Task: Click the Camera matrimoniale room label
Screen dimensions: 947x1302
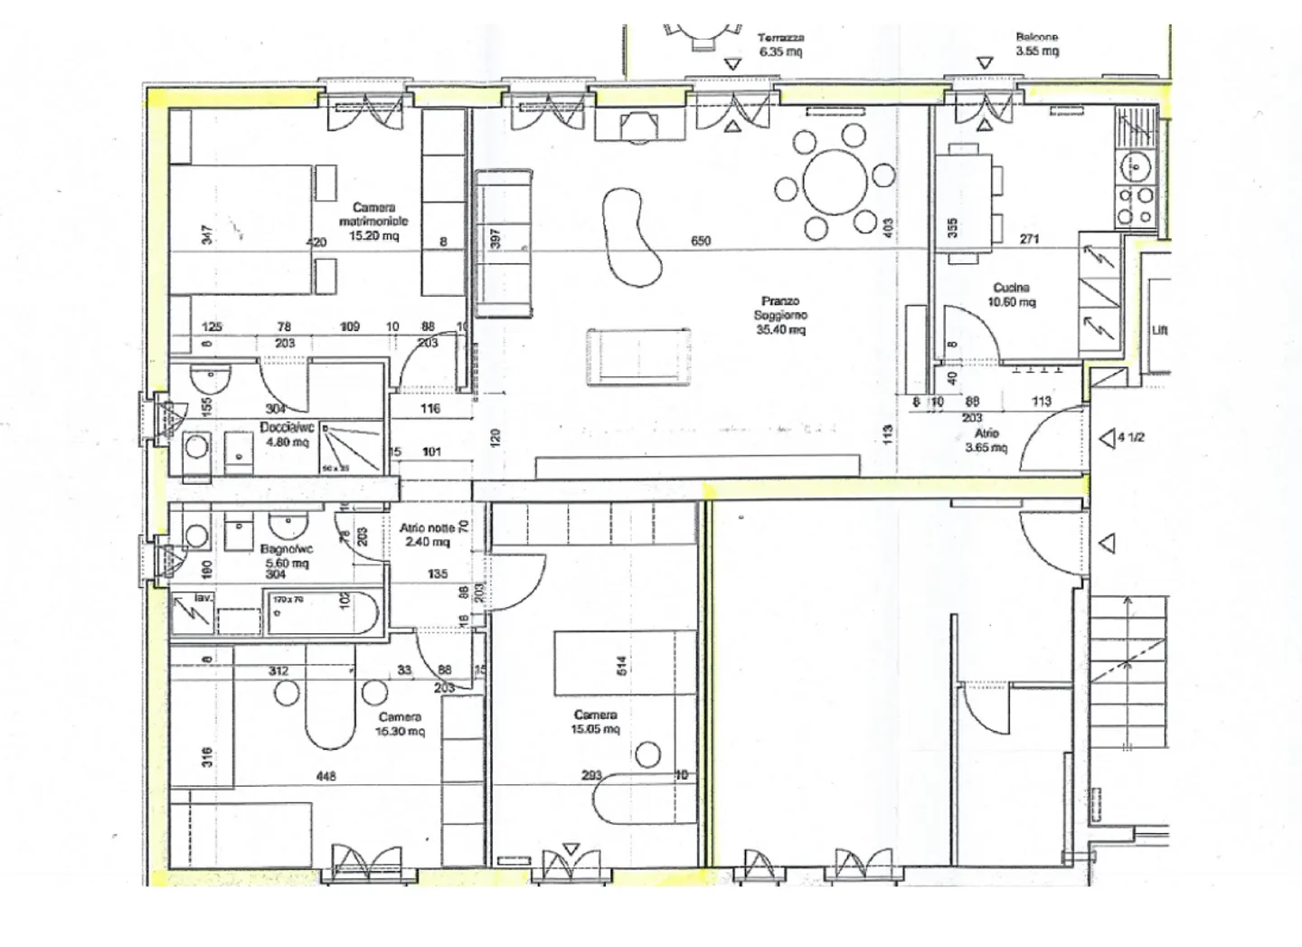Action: point(373,221)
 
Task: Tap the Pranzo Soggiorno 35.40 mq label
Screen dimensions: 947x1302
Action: point(780,315)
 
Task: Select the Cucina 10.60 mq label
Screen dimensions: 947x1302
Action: point(1011,295)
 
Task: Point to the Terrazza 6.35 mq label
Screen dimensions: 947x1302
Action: point(780,44)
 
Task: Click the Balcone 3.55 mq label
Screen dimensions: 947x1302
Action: point(1036,44)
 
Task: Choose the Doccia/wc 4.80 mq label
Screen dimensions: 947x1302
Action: point(287,434)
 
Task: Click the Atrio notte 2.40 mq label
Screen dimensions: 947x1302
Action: point(428,535)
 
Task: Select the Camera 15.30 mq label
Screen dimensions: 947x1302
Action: point(400,724)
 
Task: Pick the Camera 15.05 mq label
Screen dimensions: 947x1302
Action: point(595,722)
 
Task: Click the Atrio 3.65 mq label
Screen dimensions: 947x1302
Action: point(986,440)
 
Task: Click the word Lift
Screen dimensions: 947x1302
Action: point(1160,330)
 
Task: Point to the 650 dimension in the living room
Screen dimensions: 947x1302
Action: point(701,241)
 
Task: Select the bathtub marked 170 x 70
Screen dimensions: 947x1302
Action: point(320,612)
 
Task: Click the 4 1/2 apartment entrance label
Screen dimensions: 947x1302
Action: point(1131,438)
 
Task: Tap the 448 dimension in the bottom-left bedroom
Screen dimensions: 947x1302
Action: point(326,776)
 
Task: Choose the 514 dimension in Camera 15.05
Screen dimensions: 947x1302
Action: point(621,665)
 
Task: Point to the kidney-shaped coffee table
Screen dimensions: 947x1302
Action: point(630,235)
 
